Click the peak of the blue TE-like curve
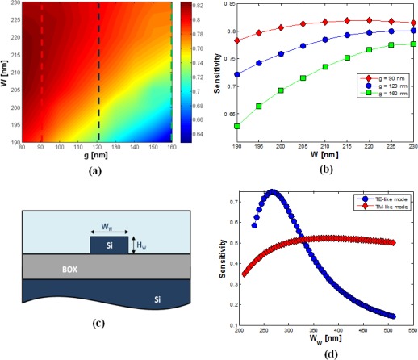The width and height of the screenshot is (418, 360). [x=273, y=192]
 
